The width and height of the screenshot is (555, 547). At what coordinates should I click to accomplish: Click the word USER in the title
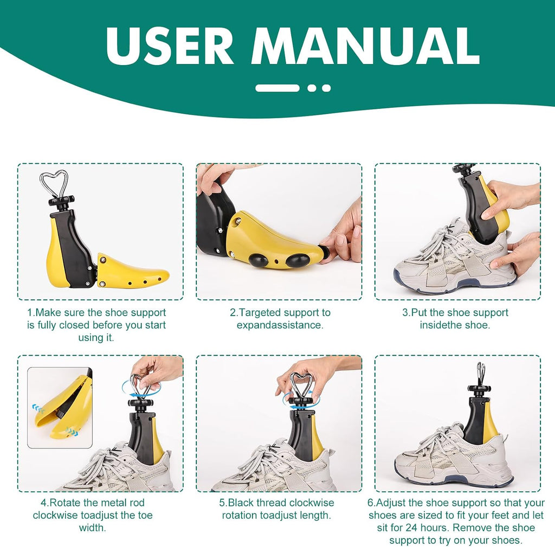(170, 46)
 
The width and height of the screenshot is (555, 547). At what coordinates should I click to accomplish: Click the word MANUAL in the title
(365, 46)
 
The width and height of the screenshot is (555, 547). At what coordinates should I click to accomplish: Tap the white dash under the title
(277, 88)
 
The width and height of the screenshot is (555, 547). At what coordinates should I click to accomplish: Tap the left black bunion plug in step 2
(258, 261)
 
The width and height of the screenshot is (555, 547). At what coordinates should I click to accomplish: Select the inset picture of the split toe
(60, 408)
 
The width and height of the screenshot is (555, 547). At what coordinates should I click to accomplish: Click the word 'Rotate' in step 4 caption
(65, 503)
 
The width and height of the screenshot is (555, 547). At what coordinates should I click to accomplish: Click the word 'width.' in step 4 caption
(92, 527)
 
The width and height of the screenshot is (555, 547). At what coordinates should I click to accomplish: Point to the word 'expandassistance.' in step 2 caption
(280, 325)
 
